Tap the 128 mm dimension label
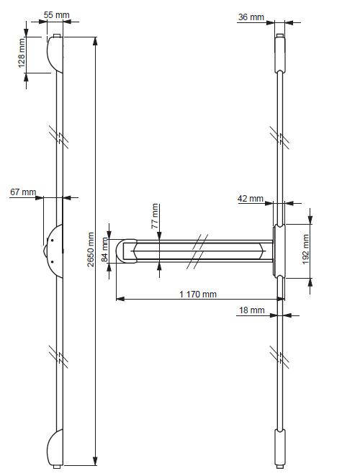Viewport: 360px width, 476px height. pyautogui.click(x=22, y=54)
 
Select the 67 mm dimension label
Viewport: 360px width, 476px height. pyautogui.click(x=23, y=192)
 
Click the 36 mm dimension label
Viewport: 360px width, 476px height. pyautogui.click(x=251, y=17)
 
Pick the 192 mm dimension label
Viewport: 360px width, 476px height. pyautogui.click(x=305, y=247)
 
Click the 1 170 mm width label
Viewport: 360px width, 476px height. pyautogui.click(x=198, y=295)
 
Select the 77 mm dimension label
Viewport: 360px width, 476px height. pyautogui.click(x=154, y=216)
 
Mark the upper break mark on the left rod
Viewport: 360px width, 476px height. pyautogui.click(x=60, y=137)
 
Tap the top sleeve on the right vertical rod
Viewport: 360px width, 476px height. pyautogui.click(x=279, y=53)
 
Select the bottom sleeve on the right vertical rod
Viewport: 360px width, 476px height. pyautogui.click(x=279, y=446)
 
